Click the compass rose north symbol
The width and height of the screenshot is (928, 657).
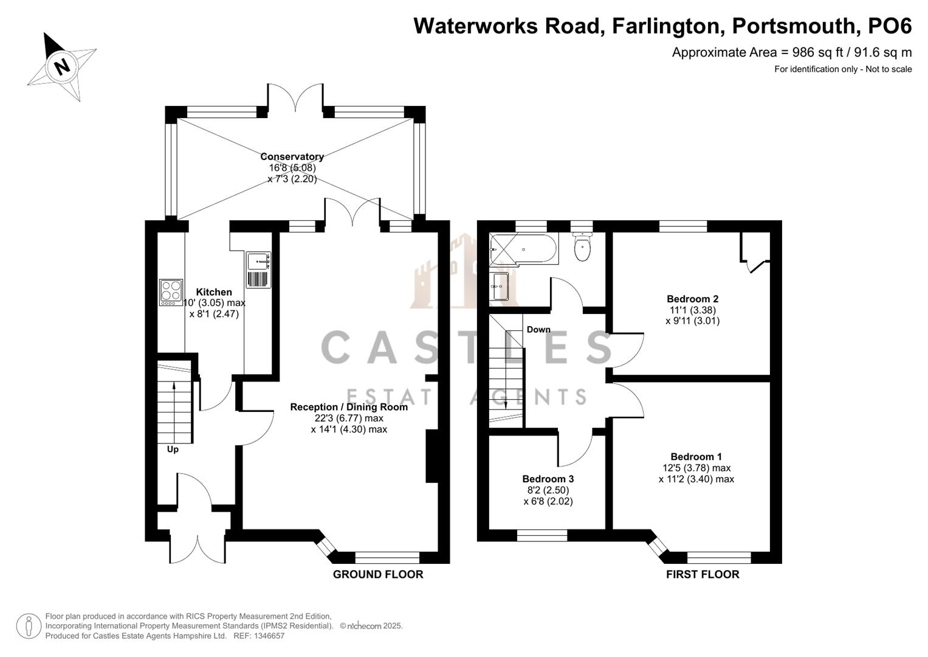(x=61, y=66)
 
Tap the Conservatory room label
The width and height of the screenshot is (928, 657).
(x=292, y=157)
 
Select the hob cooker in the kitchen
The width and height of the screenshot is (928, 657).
(x=171, y=292)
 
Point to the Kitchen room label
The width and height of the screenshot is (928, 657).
(x=214, y=293)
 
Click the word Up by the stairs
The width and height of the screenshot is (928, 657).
(x=173, y=450)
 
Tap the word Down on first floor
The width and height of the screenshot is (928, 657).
(x=538, y=330)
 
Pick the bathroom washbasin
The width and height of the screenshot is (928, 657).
(x=500, y=287)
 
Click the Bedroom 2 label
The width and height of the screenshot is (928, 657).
(x=692, y=299)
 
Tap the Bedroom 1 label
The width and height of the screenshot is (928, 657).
(x=696, y=457)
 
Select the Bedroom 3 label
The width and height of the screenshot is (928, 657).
(x=548, y=479)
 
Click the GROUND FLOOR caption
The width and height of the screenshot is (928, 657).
(x=377, y=574)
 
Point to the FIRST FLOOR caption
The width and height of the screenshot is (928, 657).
(x=703, y=574)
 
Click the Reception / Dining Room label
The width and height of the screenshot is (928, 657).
(x=349, y=407)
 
